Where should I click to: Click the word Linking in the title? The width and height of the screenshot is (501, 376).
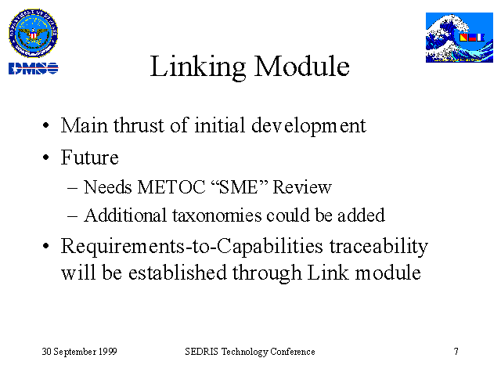198,67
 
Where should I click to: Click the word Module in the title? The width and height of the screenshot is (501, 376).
302,66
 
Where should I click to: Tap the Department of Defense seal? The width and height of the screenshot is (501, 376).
33,33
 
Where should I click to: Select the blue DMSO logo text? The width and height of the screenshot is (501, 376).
33,68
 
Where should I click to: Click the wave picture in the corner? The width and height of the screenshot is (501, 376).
460,38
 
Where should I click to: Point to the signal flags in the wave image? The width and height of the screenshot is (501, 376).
472,38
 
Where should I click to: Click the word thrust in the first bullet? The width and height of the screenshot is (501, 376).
139,125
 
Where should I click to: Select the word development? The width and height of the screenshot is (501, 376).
308,126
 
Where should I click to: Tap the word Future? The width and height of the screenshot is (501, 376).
90,157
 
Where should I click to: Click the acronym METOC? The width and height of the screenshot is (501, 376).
171,186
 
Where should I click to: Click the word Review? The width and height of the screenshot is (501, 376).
302,186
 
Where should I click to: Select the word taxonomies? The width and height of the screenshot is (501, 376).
217,215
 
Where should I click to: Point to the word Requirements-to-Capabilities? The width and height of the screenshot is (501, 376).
192,248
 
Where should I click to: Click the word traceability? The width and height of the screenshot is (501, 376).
379,248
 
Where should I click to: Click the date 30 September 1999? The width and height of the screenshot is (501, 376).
79,352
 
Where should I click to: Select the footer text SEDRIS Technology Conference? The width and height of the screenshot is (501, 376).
250,352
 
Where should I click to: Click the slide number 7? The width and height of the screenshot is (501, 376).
456,352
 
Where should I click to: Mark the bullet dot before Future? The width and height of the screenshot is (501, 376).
46,157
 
